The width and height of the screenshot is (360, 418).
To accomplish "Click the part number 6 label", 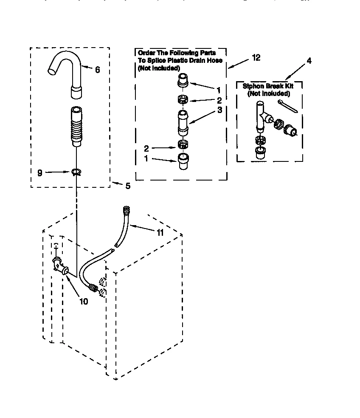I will click(x=98, y=70).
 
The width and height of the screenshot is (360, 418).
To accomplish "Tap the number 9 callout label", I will click(x=40, y=173).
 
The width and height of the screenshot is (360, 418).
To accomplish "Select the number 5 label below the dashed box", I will click(x=127, y=186).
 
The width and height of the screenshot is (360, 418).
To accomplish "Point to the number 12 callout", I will click(x=256, y=57).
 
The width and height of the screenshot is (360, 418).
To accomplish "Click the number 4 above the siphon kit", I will click(x=309, y=61).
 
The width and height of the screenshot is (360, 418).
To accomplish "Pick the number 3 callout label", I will click(x=219, y=110).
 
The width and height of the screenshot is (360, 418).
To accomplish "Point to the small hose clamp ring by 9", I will click(x=76, y=172).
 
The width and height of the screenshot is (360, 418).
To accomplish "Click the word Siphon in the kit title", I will click(x=251, y=86).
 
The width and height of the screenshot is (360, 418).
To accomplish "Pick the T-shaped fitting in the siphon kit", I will click(x=261, y=115).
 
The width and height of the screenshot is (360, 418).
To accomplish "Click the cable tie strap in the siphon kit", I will click(x=288, y=107).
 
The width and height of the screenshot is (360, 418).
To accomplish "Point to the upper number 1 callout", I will click(x=218, y=90).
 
